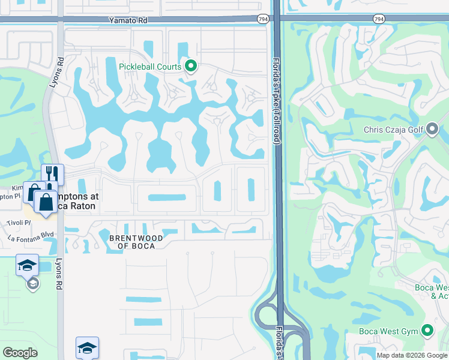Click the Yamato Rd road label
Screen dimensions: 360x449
[128, 20]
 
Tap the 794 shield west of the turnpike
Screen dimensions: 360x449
[263, 20]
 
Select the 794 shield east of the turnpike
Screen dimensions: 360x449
[378, 20]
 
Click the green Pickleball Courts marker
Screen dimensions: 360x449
[191, 66]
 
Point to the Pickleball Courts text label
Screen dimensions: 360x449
[150, 67]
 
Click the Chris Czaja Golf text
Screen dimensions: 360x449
[394, 130]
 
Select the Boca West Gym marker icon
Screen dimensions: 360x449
[427, 330]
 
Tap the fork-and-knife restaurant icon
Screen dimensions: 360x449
[52, 175]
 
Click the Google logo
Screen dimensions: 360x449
[20, 353]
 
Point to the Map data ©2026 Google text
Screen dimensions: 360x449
[411, 355]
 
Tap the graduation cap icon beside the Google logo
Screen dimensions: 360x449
[87, 347]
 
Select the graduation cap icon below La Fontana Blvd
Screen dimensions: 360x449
[27, 265]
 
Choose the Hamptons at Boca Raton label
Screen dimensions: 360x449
[77, 201]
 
